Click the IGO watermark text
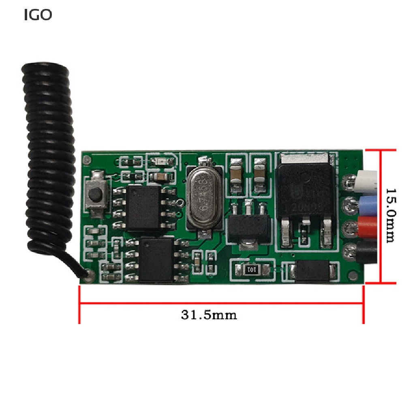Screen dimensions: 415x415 [38, 15]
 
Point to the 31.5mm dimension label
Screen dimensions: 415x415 [209, 315]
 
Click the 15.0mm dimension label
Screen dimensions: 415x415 [390, 215]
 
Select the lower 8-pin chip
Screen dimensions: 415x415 [156, 260]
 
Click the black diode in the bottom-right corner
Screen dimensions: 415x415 [310, 271]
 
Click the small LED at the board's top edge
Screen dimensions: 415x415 [159, 162]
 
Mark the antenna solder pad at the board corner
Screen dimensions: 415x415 [90, 275]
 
